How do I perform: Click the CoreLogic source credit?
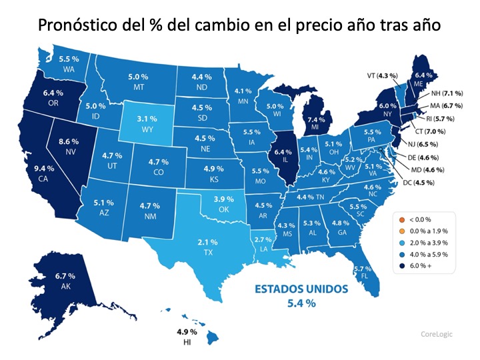point(437,334)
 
